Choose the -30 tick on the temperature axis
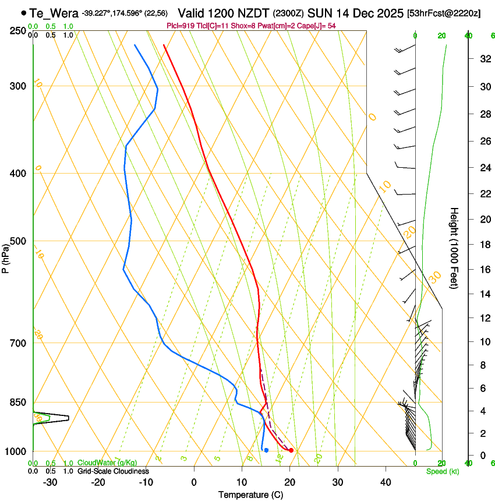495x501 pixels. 50,482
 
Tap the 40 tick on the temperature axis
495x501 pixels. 386,482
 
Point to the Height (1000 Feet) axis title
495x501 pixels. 454,248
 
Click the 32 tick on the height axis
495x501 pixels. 484,58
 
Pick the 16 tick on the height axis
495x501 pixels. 484,270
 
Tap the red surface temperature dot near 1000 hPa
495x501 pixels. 291,450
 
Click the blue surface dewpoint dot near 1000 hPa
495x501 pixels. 266,450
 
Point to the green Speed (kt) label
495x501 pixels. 443,471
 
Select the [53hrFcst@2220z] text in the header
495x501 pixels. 444,13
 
